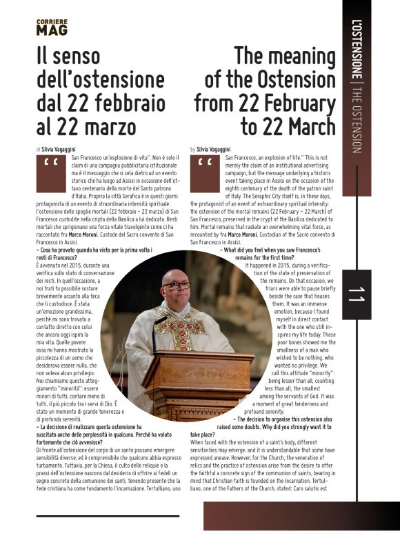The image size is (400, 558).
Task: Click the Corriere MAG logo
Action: click(x=52, y=28)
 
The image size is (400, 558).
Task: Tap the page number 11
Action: click(x=357, y=295)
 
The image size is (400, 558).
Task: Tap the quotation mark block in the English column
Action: click(x=204, y=172)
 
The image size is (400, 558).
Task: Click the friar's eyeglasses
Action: click(x=177, y=284)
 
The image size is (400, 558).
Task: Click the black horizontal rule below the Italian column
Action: click(x=108, y=515)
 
